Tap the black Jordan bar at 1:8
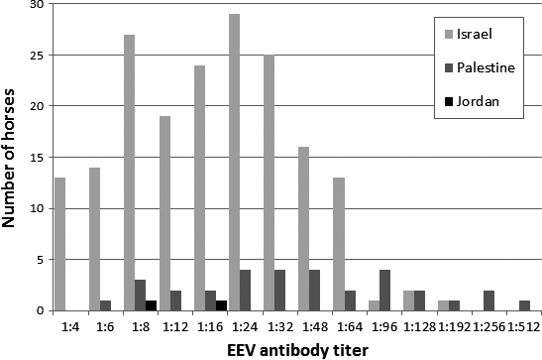pos(151,305)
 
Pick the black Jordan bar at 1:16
pos(221,305)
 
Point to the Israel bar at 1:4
pos(59,244)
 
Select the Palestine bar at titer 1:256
pos(488,300)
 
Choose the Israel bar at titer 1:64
pos(338,244)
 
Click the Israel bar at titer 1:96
pos(373,305)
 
